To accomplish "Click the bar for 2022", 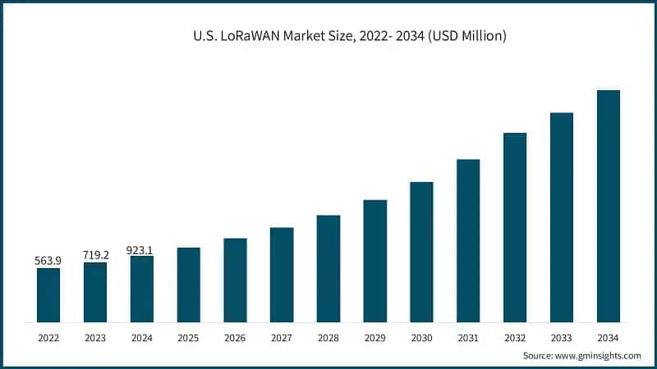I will pos(48,294).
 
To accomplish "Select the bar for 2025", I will pos(189,284).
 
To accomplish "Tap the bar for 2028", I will pos(328,268).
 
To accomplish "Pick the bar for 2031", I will pos(468,240).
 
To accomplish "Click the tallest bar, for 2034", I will pos(608,205).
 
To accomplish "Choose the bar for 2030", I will pos(421,251).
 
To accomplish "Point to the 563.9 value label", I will pos(48,261).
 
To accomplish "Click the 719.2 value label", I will pos(95,255).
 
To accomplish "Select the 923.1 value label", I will pos(141,248).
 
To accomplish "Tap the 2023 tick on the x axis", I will pos(95,337).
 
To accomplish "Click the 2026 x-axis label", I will pos(235,337).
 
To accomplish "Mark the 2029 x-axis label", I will pos(374,337).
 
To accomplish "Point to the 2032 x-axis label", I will pos(515,337).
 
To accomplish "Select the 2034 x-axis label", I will pos(608,337).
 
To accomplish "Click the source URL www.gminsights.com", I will pos(599,355).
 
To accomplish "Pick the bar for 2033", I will pos(562,216).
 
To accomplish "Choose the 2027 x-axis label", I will pos(282,337).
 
